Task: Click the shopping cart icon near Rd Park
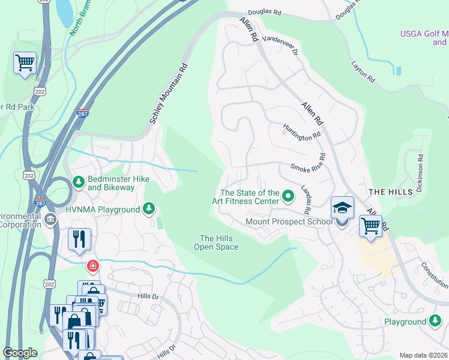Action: coord(25,62)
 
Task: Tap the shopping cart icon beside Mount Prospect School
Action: coord(370,227)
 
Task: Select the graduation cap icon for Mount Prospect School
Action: coord(342,208)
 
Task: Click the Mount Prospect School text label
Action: coord(289,222)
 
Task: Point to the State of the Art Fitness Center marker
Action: coord(288,196)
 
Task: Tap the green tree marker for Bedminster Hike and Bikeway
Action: coord(77,181)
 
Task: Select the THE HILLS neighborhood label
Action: coord(390,191)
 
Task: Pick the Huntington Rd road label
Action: coord(302,131)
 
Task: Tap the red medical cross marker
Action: coord(92,265)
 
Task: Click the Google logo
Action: coord(20,353)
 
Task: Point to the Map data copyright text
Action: coord(423,355)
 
